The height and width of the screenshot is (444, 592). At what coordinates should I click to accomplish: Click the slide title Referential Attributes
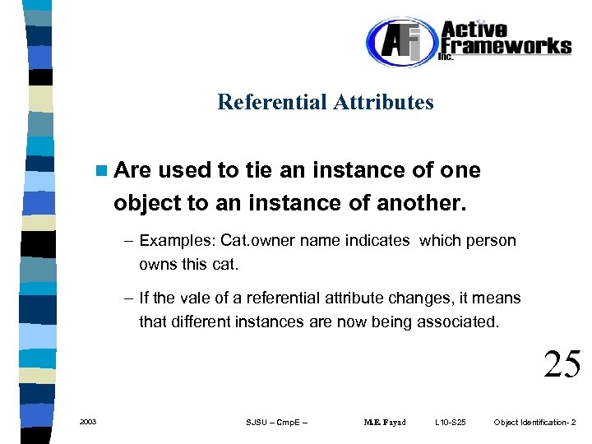[x=325, y=103]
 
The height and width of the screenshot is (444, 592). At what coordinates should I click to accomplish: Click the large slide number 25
[x=562, y=363]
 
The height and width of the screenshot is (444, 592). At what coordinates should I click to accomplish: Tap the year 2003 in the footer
[x=88, y=422]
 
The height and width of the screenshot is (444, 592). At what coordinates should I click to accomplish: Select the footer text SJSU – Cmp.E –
[x=276, y=423]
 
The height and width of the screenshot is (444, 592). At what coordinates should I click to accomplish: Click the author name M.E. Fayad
[x=384, y=423]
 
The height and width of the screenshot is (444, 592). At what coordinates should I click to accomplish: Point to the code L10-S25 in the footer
[x=450, y=423]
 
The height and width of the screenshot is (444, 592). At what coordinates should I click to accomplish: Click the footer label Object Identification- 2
[x=534, y=423]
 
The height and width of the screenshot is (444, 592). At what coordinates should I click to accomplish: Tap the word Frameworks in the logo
[x=506, y=46]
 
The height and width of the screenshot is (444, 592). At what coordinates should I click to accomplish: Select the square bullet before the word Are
[x=101, y=171]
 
